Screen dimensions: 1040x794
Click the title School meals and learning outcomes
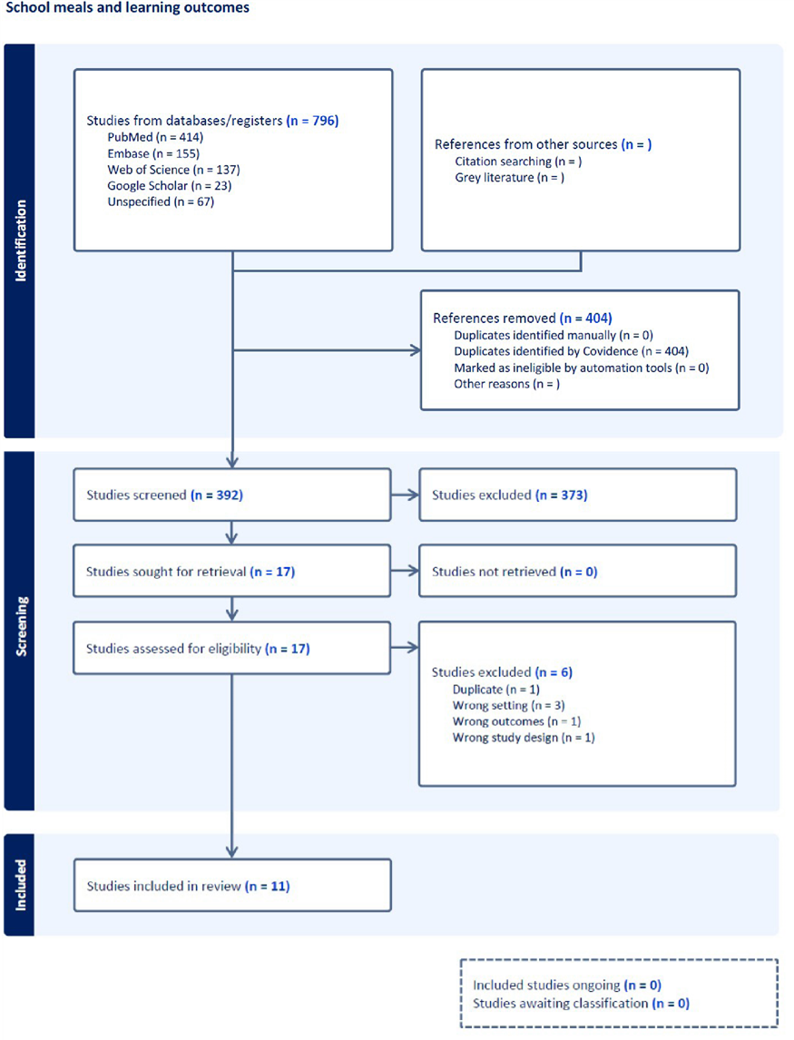point(127,8)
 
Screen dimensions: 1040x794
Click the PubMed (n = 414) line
point(154,137)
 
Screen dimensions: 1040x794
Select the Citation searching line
point(518,162)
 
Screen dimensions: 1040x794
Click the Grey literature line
point(509,178)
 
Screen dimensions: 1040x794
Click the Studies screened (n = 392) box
point(232,495)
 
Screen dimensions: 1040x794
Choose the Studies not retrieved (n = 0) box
point(577,572)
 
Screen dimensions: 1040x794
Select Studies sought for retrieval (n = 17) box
point(232,572)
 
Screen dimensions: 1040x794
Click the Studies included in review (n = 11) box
point(232,886)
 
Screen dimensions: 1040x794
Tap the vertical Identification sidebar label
point(21,240)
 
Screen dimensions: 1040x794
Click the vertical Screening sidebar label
point(21,631)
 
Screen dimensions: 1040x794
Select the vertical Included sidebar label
point(21,885)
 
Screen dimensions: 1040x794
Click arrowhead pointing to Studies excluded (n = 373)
point(413,495)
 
